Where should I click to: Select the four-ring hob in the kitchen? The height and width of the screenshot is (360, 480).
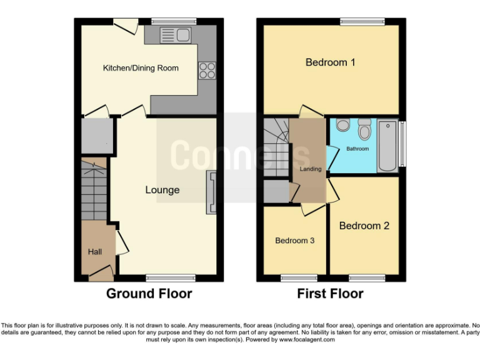coord(206,71)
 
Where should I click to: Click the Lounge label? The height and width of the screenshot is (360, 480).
coord(162,190)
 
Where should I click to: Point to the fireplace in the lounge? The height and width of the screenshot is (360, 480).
coord(212,192)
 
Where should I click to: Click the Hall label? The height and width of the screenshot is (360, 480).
coord(95,252)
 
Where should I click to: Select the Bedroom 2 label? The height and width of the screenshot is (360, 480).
coord(364,226)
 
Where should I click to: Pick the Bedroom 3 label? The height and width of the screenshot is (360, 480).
coord(294,241)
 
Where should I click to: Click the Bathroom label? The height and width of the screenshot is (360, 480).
coord(358,149)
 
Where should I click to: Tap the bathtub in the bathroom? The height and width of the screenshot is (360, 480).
coord(388,146)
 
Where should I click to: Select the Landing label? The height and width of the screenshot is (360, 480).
coord(311,169)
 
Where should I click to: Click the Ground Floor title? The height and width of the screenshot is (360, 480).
coord(149,293)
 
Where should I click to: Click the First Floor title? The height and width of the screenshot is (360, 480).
coord(330,293)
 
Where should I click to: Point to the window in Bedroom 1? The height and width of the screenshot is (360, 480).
coord(362,22)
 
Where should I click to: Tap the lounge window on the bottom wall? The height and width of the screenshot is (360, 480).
coord(166,276)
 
